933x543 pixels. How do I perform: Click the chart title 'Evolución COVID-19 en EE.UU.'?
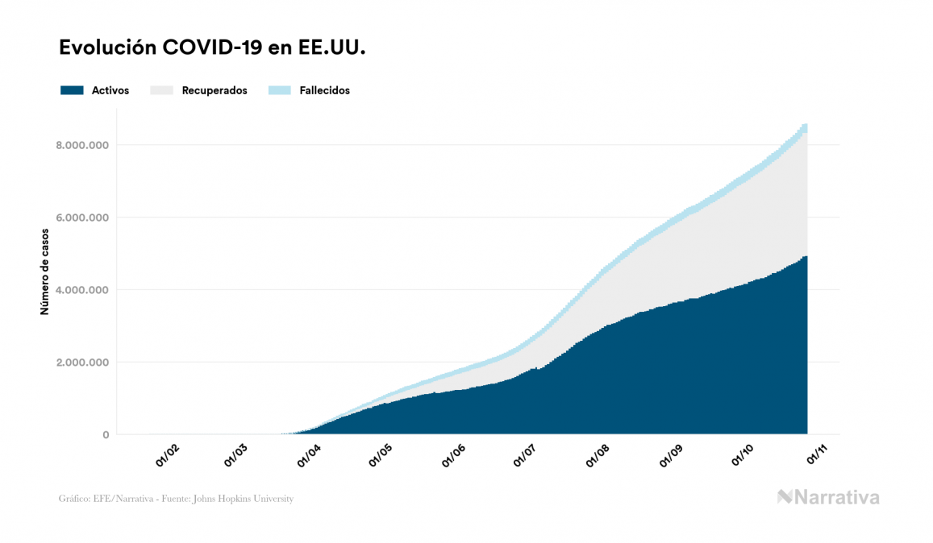click(x=213, y=48)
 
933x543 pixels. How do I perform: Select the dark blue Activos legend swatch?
click(x=72, y=90)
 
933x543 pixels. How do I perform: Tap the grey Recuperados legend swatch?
click(x=161, y=90)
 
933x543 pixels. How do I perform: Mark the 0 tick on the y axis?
click(x=106, y=435)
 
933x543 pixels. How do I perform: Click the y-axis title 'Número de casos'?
click(x=45, y=271)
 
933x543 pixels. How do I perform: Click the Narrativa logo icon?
click(x=785, y=497)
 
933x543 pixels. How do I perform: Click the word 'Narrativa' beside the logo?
click(x=837, y=497)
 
